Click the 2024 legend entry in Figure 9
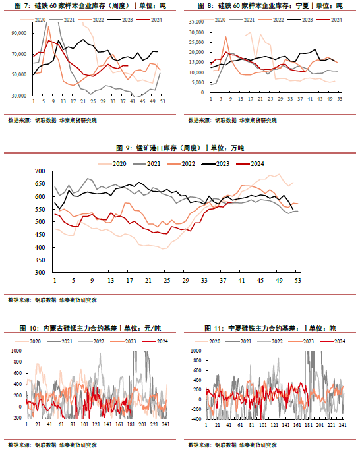click(x=250, y=164)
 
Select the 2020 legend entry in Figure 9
click(x=112, y=164)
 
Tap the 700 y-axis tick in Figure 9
click(x=40, y=171)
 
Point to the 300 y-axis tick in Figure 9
click(x=40, y=272)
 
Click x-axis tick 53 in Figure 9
click(x=298, y=280)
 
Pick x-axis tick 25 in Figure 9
click(x=167, y=280)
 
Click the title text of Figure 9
click(x=180, y=148)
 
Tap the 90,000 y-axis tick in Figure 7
click(x=19, y=33)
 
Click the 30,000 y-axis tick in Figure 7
click(x=19, y=96)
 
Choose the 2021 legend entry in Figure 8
click(x=242, y=20)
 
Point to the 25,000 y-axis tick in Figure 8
click(x=196, y=42)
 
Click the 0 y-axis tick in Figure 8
click(x=202, y=92)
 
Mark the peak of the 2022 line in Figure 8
click(x=226, y=37)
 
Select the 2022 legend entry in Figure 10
click(x=92, y=341)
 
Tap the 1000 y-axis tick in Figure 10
click(x=16, y=351)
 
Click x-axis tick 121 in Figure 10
click(x=96, y=424)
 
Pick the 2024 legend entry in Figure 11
click(x=332, y=341)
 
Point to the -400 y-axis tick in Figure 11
click(x=196, y=419)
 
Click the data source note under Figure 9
click(x=52, y=300)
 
